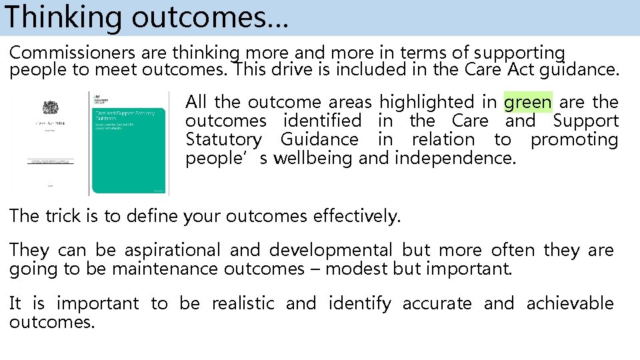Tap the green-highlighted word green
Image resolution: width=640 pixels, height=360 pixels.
click(528, 103)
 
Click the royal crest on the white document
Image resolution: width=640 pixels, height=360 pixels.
click(50, 107)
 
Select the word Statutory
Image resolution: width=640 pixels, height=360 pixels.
click(223, 140)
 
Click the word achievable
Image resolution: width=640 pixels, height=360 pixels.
click(570, 304)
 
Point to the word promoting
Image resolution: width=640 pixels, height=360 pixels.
click(574, 140)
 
